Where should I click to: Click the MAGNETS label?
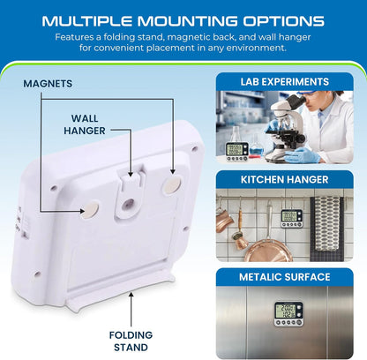tap(48, 84)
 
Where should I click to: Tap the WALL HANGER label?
tap(85, 124)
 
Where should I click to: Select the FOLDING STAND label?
tap(131, 341)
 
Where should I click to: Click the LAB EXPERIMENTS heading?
tap(284, 82)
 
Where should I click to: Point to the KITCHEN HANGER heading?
tap(284, 179)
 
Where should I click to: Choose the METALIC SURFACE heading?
tap(284, 277)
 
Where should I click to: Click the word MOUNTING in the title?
tap(187, 21)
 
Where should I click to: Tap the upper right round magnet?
tap(172, 185)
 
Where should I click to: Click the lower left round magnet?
tap(90, 210)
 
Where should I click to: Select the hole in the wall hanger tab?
tap(129, 203)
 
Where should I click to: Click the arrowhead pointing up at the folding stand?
tap(131, 295)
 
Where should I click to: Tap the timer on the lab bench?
tap(236, 152)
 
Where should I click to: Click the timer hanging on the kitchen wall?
tap(291, 219)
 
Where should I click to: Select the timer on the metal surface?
tap(288, 313)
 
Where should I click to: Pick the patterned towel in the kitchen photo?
tap(326, 229)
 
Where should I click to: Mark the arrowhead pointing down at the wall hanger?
tap(131, 174)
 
